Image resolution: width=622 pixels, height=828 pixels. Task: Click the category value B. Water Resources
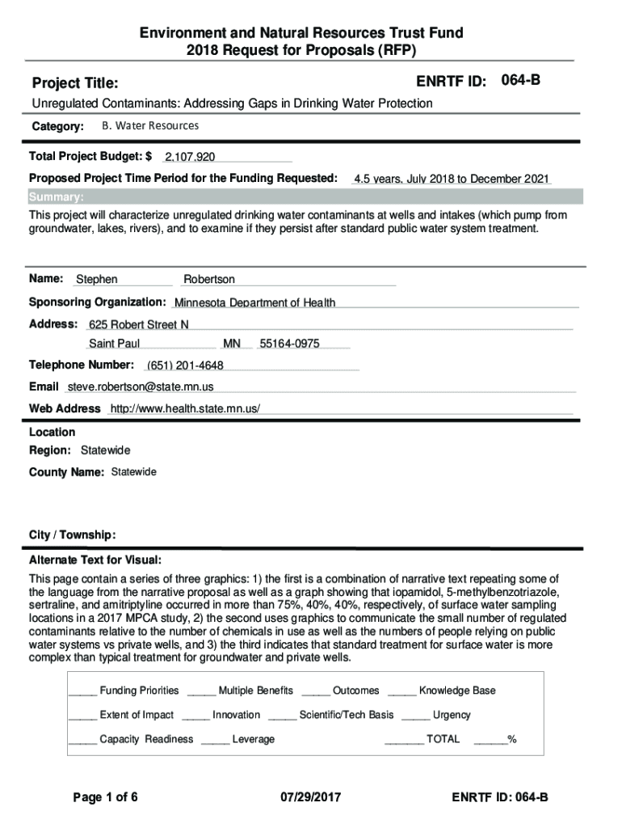(149, 126)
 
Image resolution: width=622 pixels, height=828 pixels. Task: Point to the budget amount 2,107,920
(190, 157)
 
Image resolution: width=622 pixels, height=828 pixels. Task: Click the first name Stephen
(97, 280)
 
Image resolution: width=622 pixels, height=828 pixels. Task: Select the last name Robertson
(209, 280)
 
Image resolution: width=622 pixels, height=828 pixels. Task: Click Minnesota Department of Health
(254, 303)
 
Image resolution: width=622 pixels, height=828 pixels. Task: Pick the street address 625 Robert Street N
(139, 325)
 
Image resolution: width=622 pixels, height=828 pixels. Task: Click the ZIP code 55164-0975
(289, 344)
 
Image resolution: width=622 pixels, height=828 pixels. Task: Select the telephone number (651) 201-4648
(185, 365)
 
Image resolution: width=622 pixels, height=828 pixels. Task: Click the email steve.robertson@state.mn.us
(140, 387)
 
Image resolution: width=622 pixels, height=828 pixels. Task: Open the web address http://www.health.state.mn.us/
(185, 409)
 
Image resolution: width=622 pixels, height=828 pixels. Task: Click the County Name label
(66, 472)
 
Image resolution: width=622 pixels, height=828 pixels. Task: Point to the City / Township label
(72, 535)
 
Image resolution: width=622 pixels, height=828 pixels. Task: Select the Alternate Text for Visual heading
(95, 560)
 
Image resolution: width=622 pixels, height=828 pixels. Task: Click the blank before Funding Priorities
(82, 691)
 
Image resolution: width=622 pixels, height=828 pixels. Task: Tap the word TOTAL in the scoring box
(443, 739)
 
